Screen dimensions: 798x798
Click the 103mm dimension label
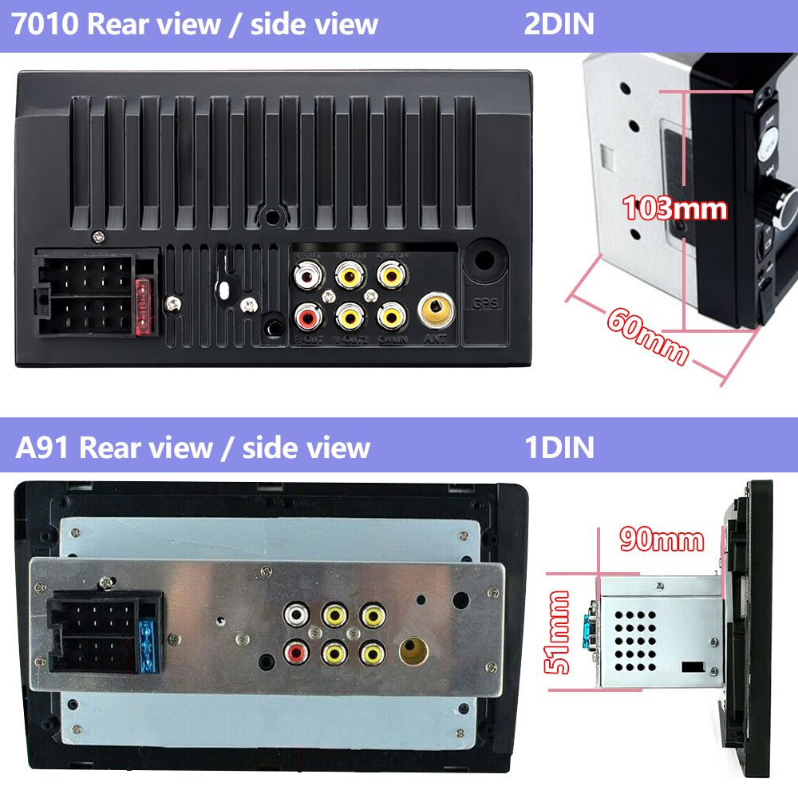(x=675, y=209)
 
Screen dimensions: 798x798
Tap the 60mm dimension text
(x=646, y=335)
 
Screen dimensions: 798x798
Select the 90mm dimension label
(x=662, y=540)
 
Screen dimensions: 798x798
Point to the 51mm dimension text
(x=559, y=633)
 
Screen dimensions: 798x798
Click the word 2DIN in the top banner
(x=559, y=25)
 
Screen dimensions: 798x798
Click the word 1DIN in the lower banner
(x=559, y=447)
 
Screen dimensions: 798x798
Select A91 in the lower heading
(x=42, y=447)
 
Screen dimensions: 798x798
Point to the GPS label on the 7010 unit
(x=485, y=304)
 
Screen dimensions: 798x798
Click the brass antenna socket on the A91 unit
(x=413, y=651)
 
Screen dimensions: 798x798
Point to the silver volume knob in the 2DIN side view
(x=782, y=203)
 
